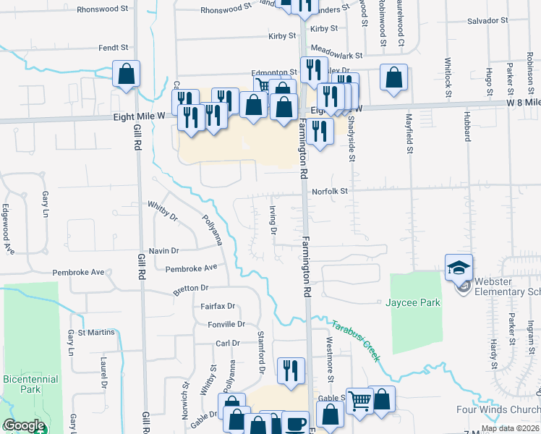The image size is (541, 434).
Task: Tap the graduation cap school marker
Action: (x=459, y=268)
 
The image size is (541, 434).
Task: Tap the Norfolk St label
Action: (x=331, y=192)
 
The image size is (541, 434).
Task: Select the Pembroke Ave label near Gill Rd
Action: (x=80, y=273)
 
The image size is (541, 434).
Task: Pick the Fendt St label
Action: (x=114, y=48)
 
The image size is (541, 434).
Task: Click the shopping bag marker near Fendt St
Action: (x=126, y=74)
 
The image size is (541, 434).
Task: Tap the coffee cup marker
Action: (x=294, y=423)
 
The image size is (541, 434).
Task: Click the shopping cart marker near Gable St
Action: (x=359, y=400)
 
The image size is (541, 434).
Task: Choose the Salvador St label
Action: (x=485, y=22)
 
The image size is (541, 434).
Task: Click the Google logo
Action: (x=24, y=425)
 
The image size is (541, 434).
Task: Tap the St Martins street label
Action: (x=97, y=333)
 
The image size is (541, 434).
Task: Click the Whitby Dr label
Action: (x=163, y=210)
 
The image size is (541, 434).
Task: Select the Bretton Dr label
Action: (x=190, y=290)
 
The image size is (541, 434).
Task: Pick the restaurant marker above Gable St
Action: (x=291, y=370)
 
